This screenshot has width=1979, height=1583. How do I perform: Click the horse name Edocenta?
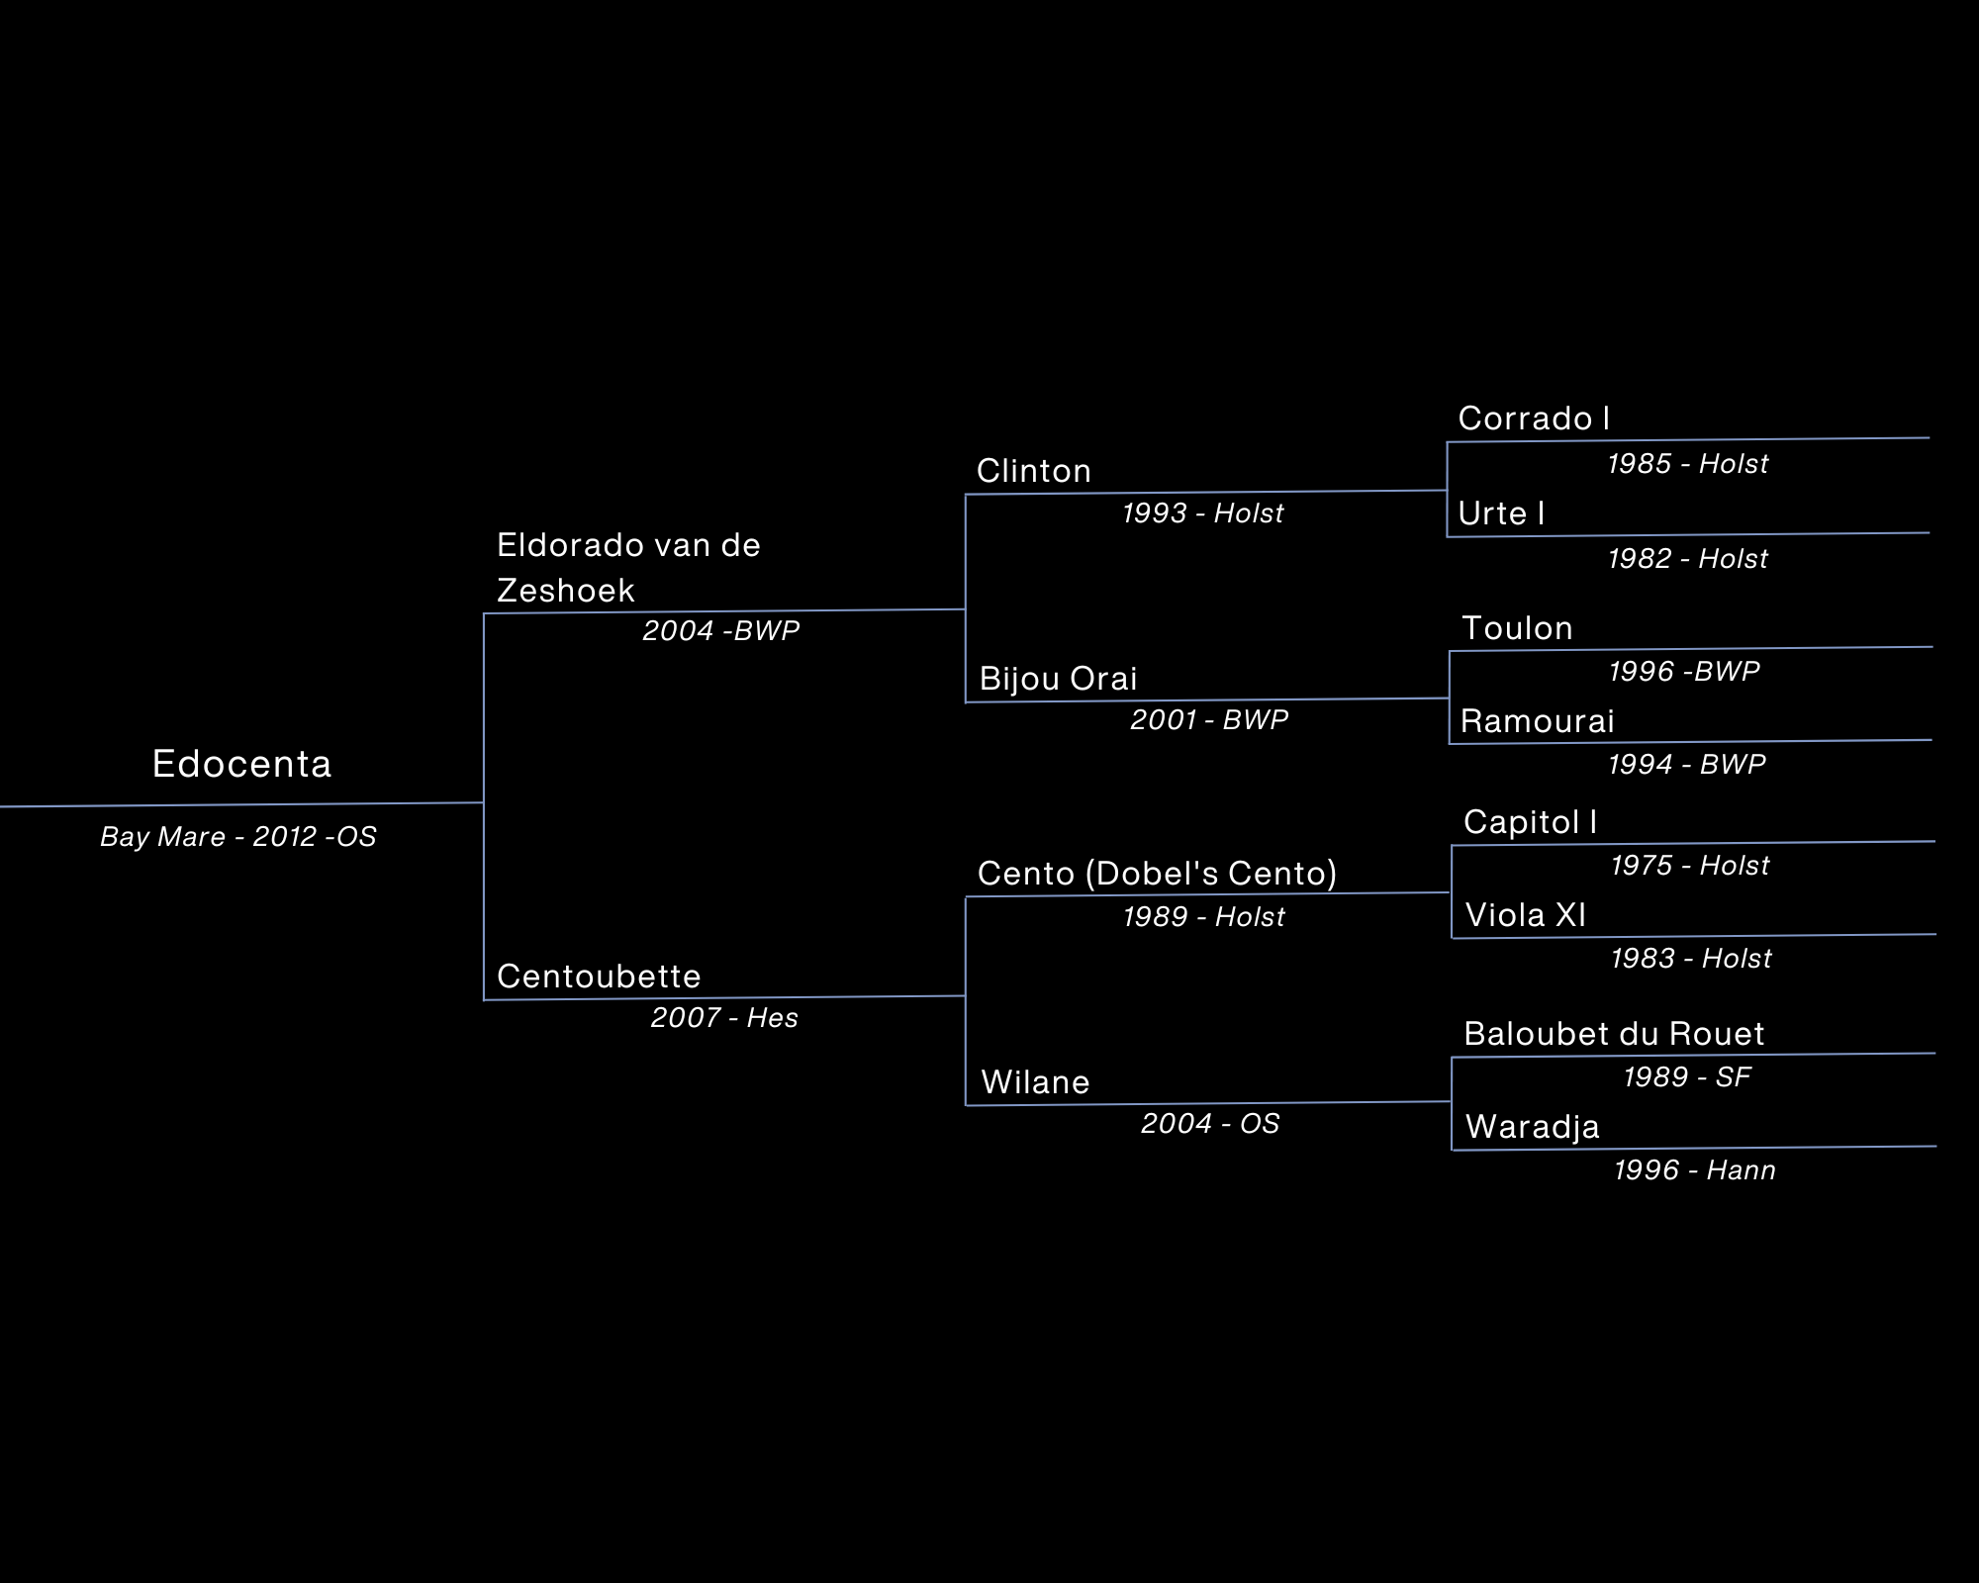242,764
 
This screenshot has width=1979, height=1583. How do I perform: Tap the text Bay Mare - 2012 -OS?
238,837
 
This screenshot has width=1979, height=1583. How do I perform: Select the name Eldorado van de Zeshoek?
627,568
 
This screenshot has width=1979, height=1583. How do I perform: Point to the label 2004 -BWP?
721,630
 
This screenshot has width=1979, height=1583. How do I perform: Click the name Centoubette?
599,977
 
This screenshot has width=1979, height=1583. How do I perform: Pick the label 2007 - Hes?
724,1017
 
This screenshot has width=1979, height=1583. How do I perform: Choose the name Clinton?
1034,471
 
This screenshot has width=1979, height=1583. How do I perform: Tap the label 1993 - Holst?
1202,513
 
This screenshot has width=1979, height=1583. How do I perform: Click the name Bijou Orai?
1058,679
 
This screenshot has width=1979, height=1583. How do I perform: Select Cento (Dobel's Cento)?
1157,874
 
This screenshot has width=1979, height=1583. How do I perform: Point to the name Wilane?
1035,1082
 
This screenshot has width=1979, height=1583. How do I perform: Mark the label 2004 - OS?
1210,1124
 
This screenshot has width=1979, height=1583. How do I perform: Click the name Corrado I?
1534,419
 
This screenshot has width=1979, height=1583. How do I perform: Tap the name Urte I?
1501,513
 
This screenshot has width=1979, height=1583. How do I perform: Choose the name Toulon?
1517,628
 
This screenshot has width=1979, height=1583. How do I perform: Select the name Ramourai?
1537,721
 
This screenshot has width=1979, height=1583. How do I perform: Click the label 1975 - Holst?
1690,866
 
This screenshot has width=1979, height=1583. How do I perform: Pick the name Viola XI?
1525,915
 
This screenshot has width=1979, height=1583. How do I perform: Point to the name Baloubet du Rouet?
1614,1034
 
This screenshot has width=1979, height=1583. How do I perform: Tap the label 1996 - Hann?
1694,1170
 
